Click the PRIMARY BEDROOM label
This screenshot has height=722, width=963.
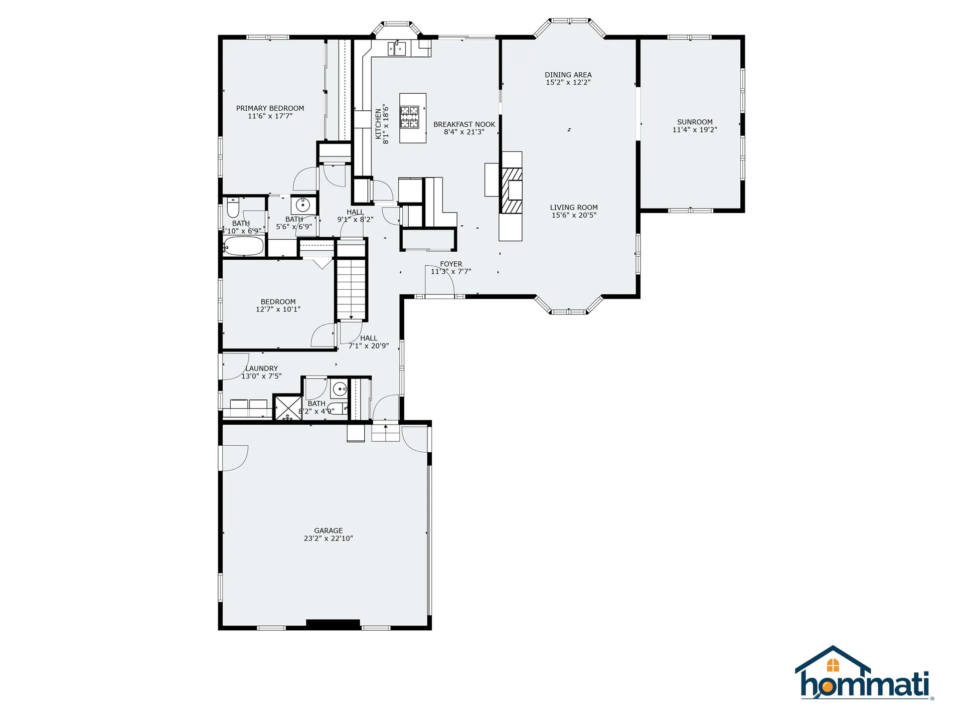coord(270,108)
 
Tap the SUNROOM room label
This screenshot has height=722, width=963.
coord(695,122)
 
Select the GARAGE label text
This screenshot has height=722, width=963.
coord(329,530)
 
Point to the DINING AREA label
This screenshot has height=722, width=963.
coord(568,75)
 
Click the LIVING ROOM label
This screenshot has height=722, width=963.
coord(574,208)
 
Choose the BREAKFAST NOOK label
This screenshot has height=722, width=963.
coord(464,124)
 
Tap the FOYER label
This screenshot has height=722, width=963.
coord(451,264)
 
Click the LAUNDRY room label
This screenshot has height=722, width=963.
coord(261,369)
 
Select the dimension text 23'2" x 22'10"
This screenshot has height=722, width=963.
coord(329,538)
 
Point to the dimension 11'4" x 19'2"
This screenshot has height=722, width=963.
coord(695,130)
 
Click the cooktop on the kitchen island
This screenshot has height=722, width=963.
coord(409,117)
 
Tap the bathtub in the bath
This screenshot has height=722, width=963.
coord(243,246)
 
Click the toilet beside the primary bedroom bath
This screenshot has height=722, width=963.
coord(233,207)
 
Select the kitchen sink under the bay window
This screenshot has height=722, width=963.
coord(397,49)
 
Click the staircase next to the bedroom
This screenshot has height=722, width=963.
coord(352,289)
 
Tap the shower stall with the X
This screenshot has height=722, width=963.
coord(287,408)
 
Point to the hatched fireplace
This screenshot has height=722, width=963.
coord(512,191)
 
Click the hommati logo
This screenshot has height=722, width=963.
coord(865,673)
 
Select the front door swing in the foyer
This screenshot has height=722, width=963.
coord(440,280)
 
